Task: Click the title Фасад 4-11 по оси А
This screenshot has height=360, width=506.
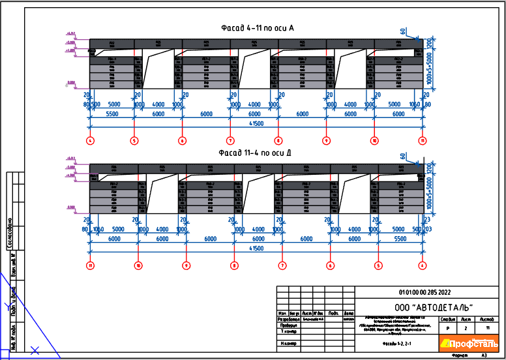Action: [x=257, y=28]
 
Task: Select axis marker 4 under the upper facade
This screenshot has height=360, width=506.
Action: [x=90, y=140]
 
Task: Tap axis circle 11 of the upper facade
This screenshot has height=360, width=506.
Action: [x=423, y=140]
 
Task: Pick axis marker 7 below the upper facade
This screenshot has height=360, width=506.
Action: [x=230, y=140]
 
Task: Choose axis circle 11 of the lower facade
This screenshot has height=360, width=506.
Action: [x=90, y=265]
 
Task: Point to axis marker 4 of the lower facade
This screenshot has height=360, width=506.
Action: [x=423, y=265]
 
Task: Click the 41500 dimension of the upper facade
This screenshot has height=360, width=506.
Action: [x=256, y=123]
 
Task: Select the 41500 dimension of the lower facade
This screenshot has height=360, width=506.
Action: [x=256, y=248]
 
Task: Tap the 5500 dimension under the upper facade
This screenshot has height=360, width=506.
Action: [x=112, y=113]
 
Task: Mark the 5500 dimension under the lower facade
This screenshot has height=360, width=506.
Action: [x=399, y=239]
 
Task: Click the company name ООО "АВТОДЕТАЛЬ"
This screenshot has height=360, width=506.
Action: [x=434, y=307]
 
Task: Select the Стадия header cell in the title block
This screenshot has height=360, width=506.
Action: [x=448, y=319]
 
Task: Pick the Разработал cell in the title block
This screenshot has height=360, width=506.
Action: [x=288, y=320]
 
